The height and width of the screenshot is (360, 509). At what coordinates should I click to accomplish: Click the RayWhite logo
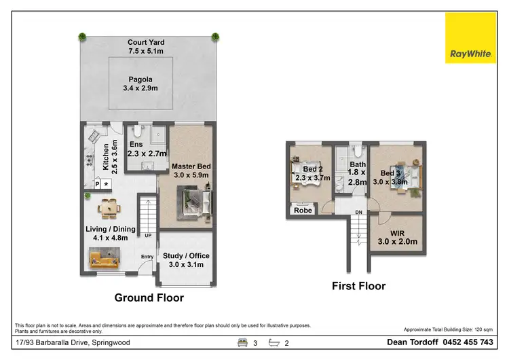470,38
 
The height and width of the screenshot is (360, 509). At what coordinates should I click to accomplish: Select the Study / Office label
186,260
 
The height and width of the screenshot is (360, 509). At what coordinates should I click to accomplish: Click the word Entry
147,257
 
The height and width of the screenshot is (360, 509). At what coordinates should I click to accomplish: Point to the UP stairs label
147,236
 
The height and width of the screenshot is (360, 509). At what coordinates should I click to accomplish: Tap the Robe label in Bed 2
303,211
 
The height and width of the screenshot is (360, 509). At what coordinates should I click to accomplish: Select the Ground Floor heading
149,298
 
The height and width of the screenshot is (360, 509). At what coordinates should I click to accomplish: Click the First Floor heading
358,286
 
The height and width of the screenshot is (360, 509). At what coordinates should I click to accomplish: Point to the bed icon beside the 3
242,343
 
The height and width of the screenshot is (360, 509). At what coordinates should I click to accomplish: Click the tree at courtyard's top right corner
215,36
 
